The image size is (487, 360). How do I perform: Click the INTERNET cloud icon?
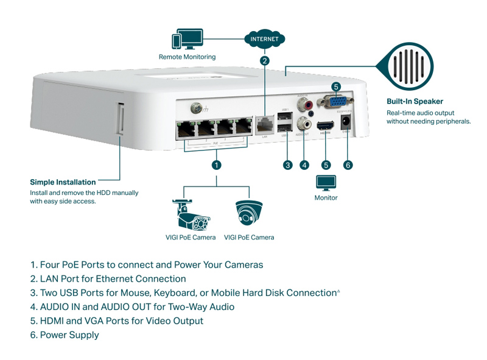264,39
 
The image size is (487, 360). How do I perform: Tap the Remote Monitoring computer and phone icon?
187,40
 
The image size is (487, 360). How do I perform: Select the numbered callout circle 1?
215,164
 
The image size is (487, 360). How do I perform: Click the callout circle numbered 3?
288,164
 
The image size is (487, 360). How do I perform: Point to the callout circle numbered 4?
304,164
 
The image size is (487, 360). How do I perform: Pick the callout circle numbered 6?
348,164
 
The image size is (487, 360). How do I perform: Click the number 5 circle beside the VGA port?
335,86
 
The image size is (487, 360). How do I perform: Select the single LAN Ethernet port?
264,125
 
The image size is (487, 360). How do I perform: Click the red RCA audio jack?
303,105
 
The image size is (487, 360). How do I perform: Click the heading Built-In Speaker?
415,102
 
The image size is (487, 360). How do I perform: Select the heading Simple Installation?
63,182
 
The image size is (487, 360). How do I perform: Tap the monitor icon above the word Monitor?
326,183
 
